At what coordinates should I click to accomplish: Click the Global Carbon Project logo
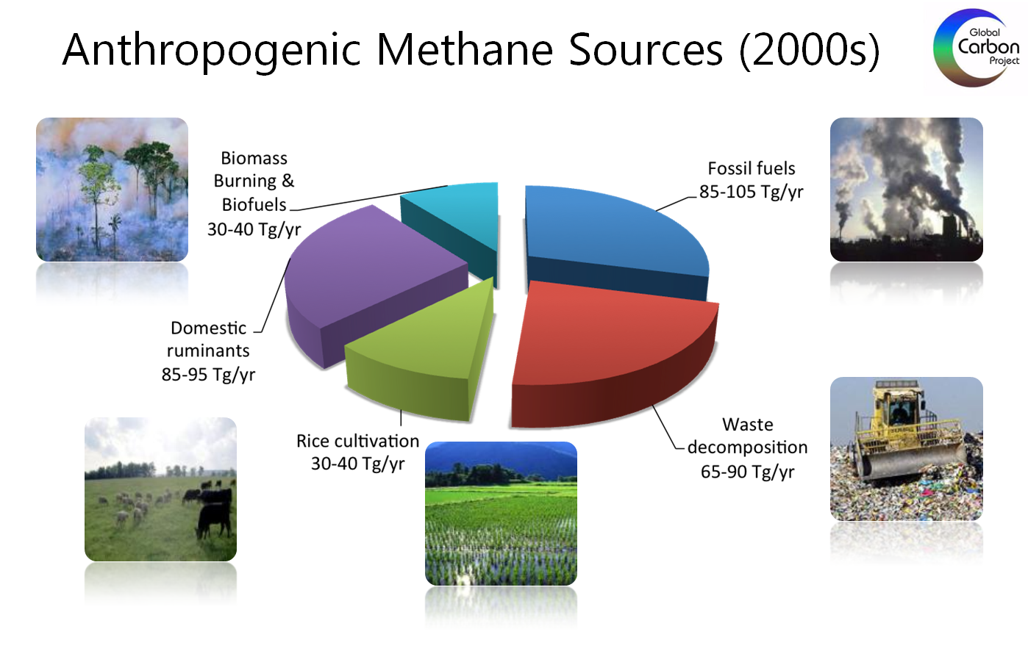tap(976, 48)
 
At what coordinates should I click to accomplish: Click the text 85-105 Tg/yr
tap(751, 192)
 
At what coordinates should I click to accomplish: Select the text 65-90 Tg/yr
tap(747, 471)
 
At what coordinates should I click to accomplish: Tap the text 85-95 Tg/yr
tap(208, 375)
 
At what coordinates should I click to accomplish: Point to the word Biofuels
tap(254, 204)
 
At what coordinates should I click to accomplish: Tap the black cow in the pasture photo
tap(214, 511)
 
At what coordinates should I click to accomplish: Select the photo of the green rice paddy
tap(501, 514)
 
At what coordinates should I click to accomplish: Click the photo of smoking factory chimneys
tap(907, 190)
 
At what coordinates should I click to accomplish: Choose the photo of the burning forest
tap(112, 190)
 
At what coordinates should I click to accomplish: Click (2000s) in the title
tap(810, 51)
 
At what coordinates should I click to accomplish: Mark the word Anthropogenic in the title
tap(212, 51)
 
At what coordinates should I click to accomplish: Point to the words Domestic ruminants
tap(208, 339)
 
